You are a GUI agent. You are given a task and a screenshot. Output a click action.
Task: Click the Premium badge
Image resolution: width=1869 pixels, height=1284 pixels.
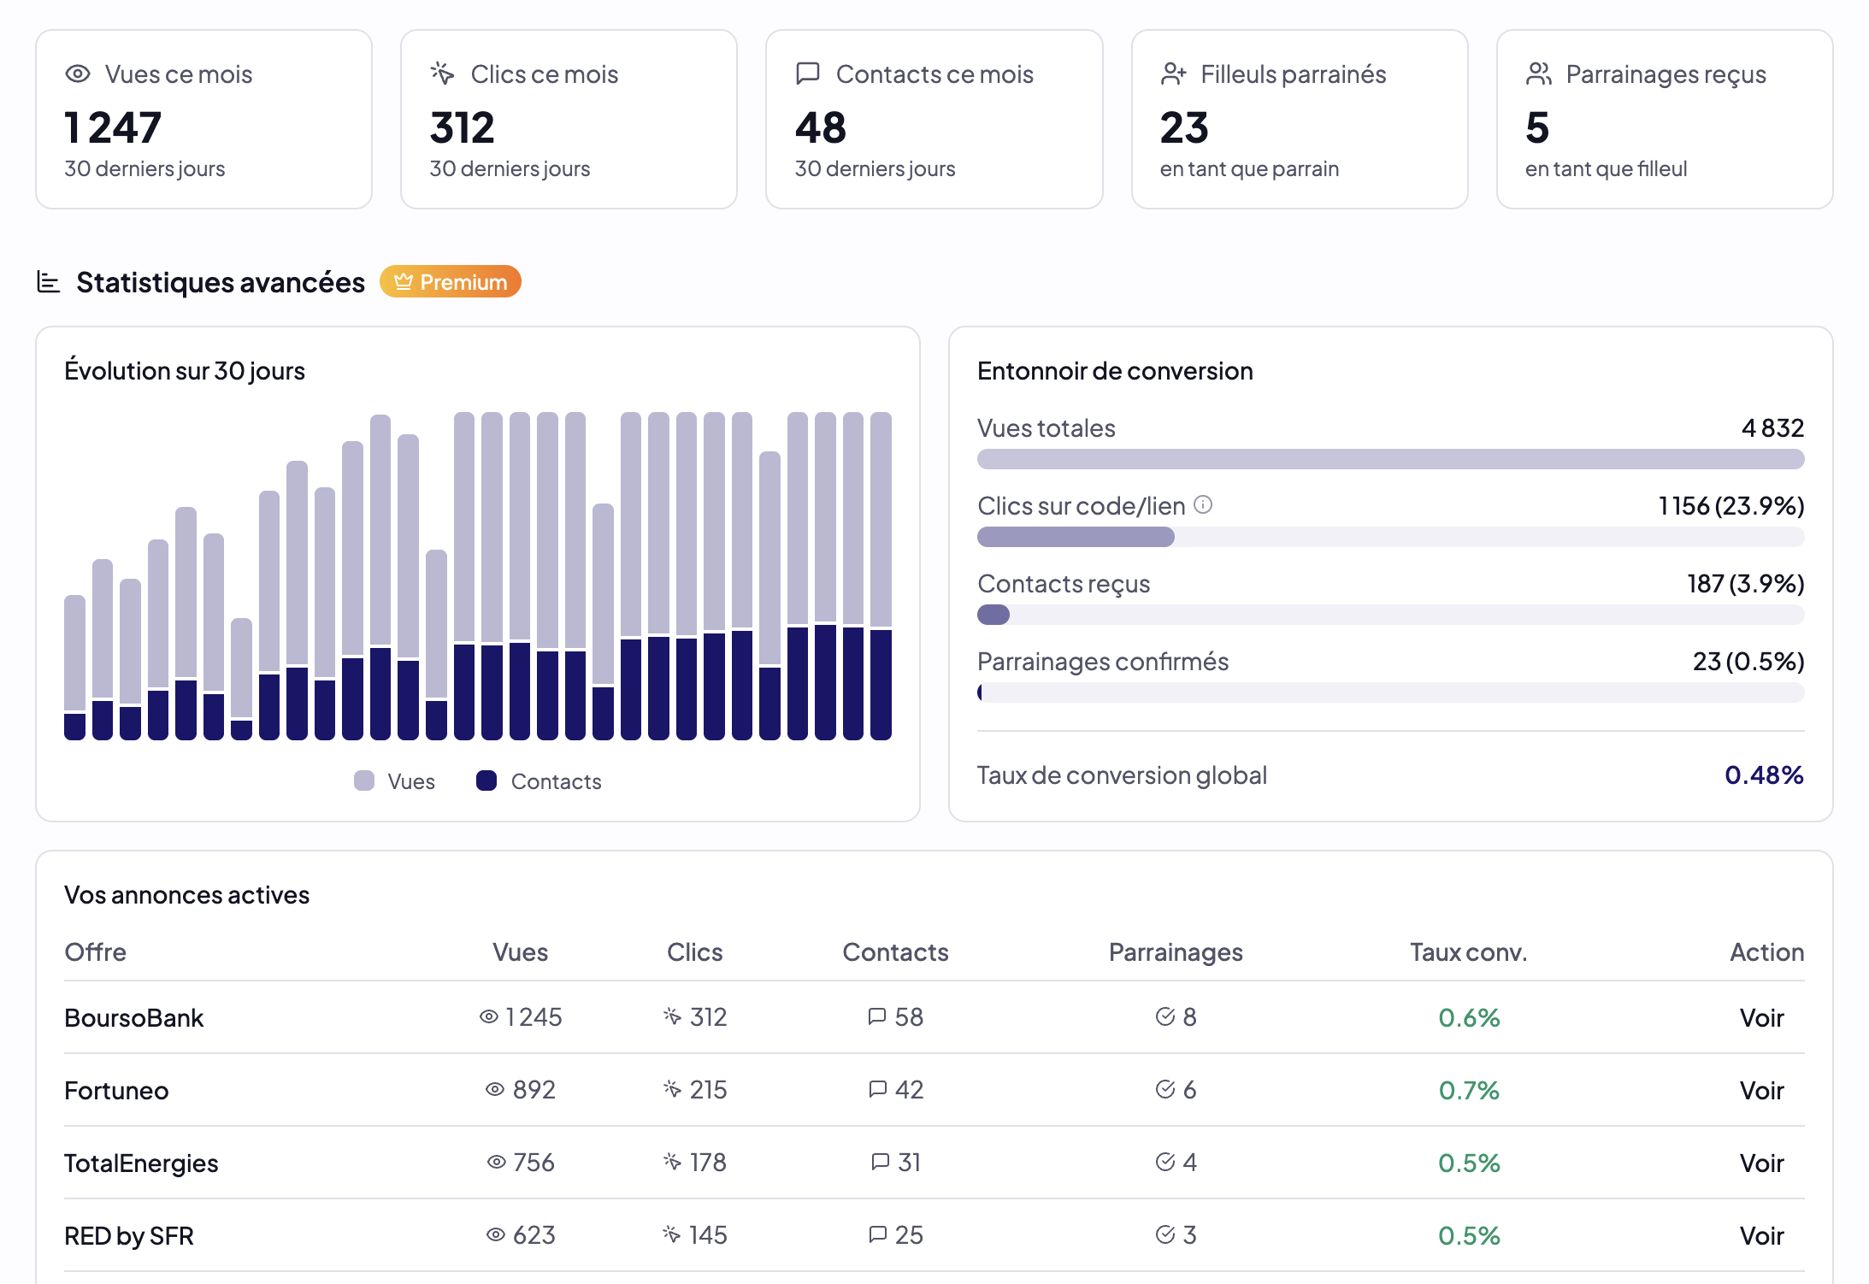pyautogui.click(x=451, y=282)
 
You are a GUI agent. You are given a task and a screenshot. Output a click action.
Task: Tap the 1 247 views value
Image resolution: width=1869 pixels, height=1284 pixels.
pyautogui.click(x=113, y=128)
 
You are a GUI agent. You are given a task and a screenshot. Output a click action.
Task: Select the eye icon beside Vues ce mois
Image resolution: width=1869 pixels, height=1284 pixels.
pyautogui.click(x=78, y=74)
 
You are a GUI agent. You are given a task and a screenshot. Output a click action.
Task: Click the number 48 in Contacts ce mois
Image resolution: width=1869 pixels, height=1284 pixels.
pyautogui.click(x=820, y=128)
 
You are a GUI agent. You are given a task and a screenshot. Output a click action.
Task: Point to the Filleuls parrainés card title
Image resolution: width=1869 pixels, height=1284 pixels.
pyautogui.click(x=1293, y=74)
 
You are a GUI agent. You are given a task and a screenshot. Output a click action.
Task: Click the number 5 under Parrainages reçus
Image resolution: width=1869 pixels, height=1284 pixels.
pyautogui.click(x=1536, y=128)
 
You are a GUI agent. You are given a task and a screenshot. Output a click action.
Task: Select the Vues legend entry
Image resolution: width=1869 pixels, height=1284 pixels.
pyautogui.click(x=395, y=781)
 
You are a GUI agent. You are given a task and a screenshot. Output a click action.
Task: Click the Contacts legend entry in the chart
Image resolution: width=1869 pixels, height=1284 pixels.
pyautogui.click(x=539, y=781)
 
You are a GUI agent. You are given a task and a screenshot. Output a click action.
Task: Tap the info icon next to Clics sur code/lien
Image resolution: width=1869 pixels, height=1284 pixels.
pyautogui.click(x=1203, y=504)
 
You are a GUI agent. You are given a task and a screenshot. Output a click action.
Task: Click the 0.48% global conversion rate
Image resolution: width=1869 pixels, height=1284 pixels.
pyautogui.click(x=1764, y=775)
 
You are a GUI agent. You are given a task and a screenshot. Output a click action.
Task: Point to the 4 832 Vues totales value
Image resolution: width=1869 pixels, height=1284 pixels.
pyautogui.click(x=1772, y=427)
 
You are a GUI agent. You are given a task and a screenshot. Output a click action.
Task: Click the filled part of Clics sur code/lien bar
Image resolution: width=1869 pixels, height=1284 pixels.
pyautogui.click(x=1076, y=537)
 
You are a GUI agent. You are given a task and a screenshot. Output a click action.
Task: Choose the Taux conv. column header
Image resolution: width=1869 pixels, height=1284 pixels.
pyautogui.click(x=1468, y=952)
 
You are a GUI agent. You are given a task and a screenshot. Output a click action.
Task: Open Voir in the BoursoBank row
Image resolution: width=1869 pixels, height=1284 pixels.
pyautogui.click(x=1761, y=1017)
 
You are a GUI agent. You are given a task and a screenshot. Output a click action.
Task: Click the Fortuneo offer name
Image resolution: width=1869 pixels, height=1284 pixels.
pyautogui.click(x=116, y=1091)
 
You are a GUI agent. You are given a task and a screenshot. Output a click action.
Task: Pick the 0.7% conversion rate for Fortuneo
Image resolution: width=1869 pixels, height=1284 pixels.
pyautogui.click(x=1468, y=1091)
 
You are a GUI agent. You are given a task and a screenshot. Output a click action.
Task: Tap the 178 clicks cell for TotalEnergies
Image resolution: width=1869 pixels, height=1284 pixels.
pyautogui.click(x=696, y=1163)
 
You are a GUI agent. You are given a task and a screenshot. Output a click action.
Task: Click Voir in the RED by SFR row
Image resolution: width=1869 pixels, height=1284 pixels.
pyautogui.click(x=1761, y=1236)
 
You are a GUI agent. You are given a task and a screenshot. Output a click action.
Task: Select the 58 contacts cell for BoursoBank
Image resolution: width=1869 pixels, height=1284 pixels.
pyautogui.click(x=896, y=1017)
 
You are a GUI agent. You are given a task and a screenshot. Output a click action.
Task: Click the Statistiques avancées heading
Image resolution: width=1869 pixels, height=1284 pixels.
pyautogui.click(x=220, y=282)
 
